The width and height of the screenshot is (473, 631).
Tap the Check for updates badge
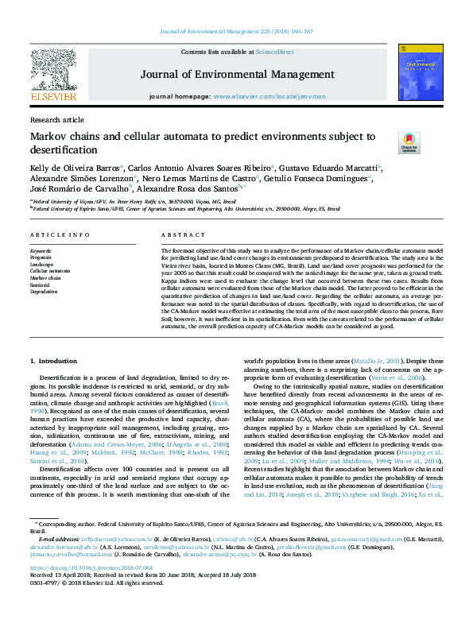coord(409,142)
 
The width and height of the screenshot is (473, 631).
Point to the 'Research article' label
coord(56,120)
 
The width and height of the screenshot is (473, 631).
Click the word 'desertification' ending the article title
coord(64,149)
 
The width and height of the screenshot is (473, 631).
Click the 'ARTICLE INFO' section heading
coord(60,236)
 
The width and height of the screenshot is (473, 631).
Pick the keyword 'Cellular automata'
coord(50,271)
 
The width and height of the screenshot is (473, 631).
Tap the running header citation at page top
coord(236,32)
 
